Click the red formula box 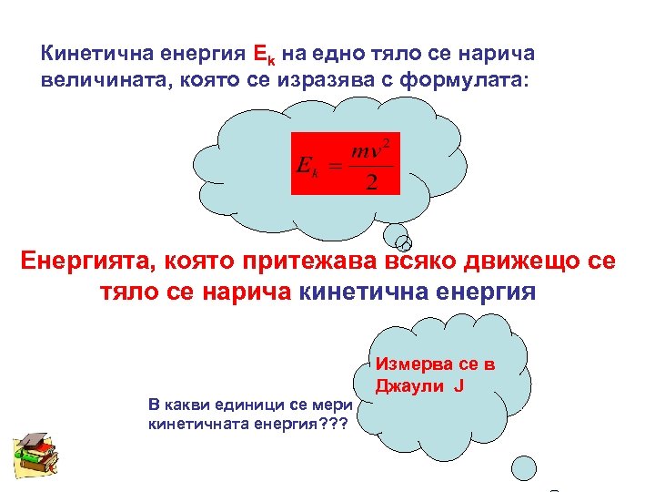(x=346, y=162)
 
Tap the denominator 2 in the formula (x=371, y=181)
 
